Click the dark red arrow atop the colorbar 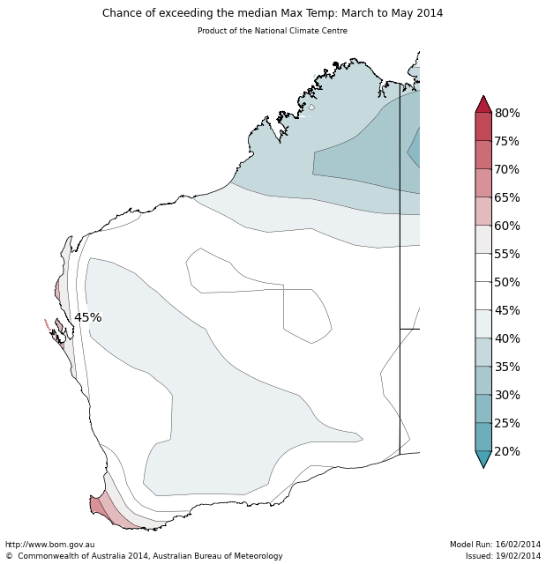pos(483,105)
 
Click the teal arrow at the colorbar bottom pos(483,458)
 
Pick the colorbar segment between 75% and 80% pos(483,127)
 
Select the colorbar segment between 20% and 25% pos(483,437)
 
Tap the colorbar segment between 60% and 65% pos(483,211)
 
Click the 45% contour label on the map pos(87,317)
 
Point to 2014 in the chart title pos(428,13)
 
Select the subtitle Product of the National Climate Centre pos(273,31)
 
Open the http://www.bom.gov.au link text pos(49,545)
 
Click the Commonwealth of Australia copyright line pos(144,556)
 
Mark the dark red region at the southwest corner pos(94,505)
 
